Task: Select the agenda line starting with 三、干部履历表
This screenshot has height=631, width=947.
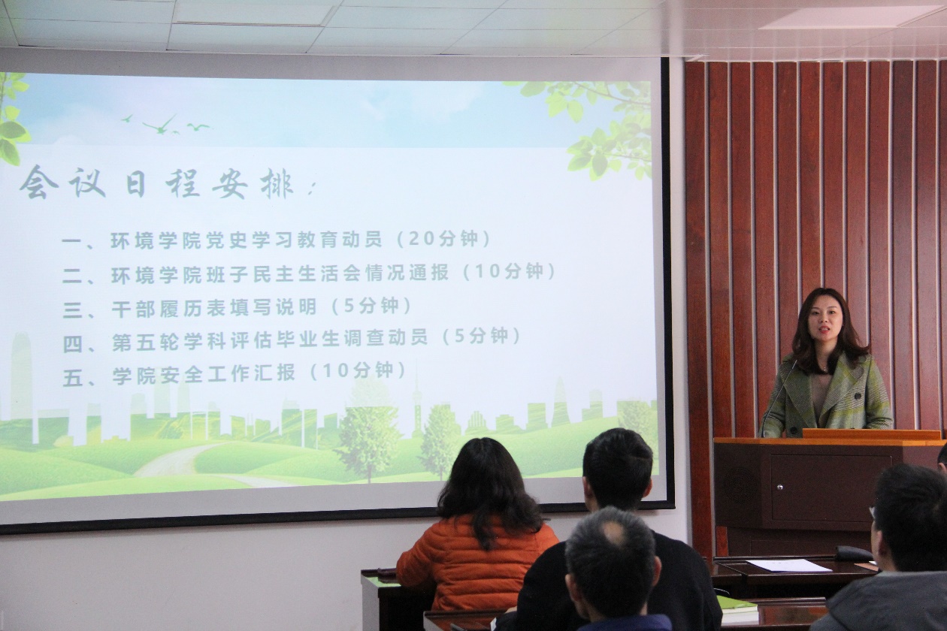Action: click(238, 306)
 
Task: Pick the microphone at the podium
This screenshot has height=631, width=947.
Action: click(779, 397)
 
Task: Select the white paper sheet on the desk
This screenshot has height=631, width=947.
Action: click(785, 566)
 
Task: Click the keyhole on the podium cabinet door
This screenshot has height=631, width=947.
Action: click(779, 487)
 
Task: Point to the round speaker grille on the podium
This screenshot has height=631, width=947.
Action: click(739, 485)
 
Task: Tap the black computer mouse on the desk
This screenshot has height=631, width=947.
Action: click(853, 553)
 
